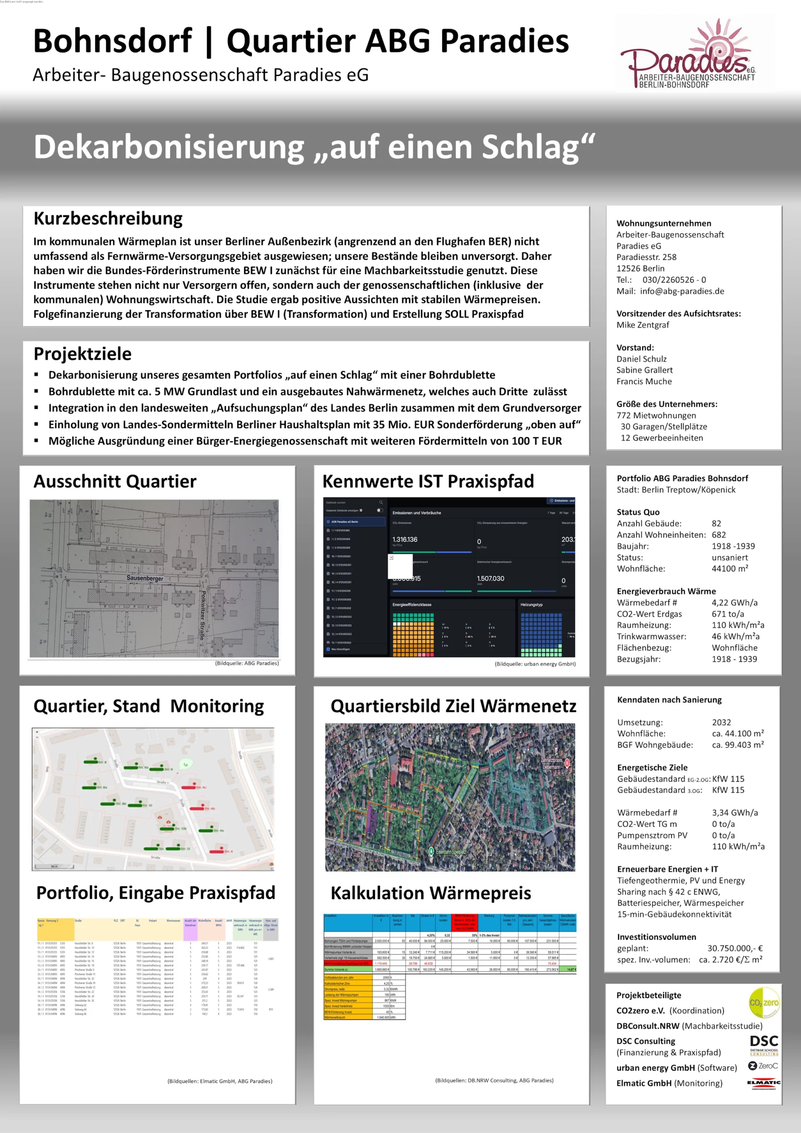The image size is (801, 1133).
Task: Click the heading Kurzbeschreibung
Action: [x=108, y=218]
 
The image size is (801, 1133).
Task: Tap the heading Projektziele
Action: [x=82, y=353]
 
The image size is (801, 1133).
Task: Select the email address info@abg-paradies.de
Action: [x=682, y=291]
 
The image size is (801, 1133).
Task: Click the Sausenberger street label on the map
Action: [x=145, y=578]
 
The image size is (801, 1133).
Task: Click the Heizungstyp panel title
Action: [x=531, y=605]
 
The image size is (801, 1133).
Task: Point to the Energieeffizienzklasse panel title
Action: [x=412, y=605]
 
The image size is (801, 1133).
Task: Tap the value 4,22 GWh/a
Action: [x=734, y=602]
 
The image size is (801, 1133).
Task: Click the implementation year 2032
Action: [x=721, y=722]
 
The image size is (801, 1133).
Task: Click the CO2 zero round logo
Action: [x=764, y=1002]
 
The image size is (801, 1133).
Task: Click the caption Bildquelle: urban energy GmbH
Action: [x=535, y=664]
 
